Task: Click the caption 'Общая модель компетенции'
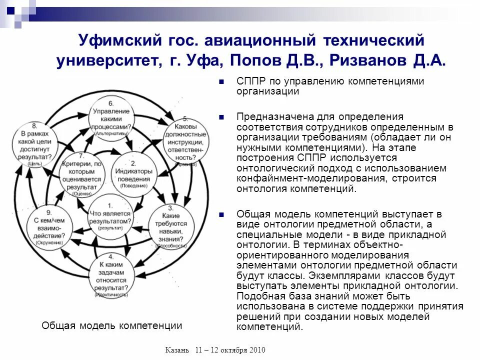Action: pos(111,326)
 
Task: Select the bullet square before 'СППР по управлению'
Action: pos(221,82)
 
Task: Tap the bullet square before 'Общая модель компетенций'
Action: pos(221,214)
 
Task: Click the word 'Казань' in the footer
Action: pos(177,349)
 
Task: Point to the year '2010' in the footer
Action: pos(256,349)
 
